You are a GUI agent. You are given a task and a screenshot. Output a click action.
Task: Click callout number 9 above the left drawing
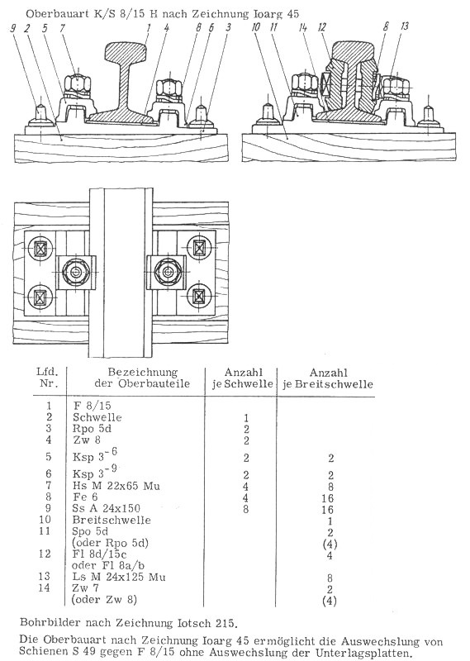[13, 28]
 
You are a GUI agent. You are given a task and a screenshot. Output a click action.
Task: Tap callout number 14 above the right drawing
[302, 27]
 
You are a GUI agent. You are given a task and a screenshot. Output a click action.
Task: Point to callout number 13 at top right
[405, 26]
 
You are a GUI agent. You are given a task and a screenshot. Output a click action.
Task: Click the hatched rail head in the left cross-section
[126, 53]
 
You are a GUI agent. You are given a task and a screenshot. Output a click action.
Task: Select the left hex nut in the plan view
[76, 273]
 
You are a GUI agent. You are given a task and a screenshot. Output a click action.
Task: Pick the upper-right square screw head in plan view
[199, 248]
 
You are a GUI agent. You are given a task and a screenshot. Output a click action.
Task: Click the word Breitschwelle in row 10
[112, 520]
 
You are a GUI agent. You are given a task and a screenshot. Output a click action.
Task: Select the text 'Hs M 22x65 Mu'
[116, 486]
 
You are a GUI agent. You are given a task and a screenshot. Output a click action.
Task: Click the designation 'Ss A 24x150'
[106, 508]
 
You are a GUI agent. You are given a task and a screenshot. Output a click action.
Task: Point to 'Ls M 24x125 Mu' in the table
[118, 577]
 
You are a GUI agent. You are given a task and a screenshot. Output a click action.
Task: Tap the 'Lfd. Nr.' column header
[47, 378]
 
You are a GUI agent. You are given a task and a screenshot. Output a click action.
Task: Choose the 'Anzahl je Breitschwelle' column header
[328, 378]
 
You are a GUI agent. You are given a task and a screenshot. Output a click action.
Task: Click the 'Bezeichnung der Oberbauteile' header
[142, 378]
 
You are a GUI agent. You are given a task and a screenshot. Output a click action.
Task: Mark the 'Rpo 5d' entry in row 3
[92, 429]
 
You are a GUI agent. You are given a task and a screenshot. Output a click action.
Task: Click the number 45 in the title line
[293, 13]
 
